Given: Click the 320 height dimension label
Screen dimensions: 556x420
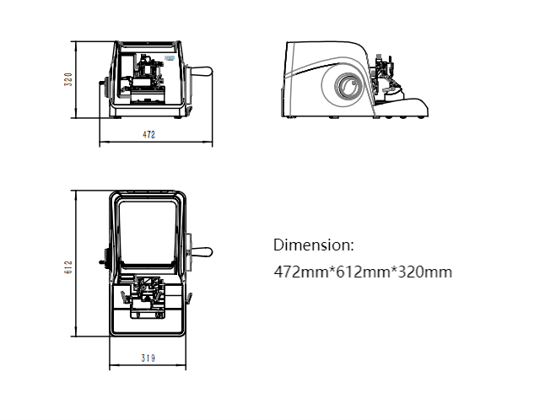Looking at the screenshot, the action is click(x=68, y=79).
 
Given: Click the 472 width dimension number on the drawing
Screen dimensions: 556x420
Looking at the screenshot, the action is click(x=149, y=135).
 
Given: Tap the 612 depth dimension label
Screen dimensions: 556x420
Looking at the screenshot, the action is click(x=68, y=267).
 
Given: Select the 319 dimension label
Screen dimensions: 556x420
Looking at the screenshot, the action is click(x=148, y=358).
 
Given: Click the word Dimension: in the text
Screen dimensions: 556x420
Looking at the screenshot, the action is click(x=314, y=245).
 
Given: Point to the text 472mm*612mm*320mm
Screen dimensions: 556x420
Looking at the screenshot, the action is click(x=363, y=272).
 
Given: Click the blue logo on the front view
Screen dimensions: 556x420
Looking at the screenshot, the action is click(x=170, y=58).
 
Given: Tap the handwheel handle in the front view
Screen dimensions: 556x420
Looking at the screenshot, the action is click(x=201, y=72).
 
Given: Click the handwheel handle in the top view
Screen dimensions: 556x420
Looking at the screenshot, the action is click(x=202, y=252).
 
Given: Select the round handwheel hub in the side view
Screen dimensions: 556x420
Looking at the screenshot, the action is click(x=348, y=86).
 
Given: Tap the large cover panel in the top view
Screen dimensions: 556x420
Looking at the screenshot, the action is click(x=147, y=234).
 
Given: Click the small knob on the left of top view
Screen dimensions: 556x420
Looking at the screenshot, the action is click(x=102, y=262).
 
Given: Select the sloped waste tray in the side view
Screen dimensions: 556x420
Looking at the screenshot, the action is click(x=401, y=105).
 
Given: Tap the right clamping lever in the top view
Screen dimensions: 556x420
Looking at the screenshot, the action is click(x=189, y=298).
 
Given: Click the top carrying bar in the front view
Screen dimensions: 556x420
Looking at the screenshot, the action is click(x=148, y=44).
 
